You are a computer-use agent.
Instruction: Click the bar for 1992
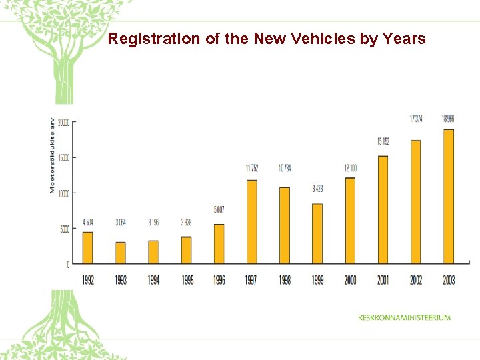coord(88,247)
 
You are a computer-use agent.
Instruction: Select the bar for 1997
coord(252,222)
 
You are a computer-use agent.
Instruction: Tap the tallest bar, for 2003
coord(449,196)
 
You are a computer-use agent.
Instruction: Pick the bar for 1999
coord(317,233)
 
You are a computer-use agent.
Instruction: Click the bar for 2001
coord(383,209)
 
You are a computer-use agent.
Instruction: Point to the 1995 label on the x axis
coord(187,280)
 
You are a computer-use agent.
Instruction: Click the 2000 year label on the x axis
coord(350,280)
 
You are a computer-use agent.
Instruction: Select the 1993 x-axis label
coord(121,280)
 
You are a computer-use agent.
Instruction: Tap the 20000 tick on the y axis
coord(63,122)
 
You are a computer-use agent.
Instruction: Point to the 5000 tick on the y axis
coord(64,229)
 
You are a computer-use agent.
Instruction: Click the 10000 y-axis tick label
coord(63,193)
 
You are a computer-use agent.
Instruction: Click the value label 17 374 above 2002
coord(415,119)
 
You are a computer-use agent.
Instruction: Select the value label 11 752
coord(252,167)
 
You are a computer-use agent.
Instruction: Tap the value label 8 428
coord(318,189)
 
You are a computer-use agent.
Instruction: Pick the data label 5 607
coord(219,210)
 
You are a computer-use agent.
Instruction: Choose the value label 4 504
coord(88,221)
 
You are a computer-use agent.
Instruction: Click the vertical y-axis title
coord(53,156)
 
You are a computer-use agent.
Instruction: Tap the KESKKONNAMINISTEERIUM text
coord(404,317)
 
